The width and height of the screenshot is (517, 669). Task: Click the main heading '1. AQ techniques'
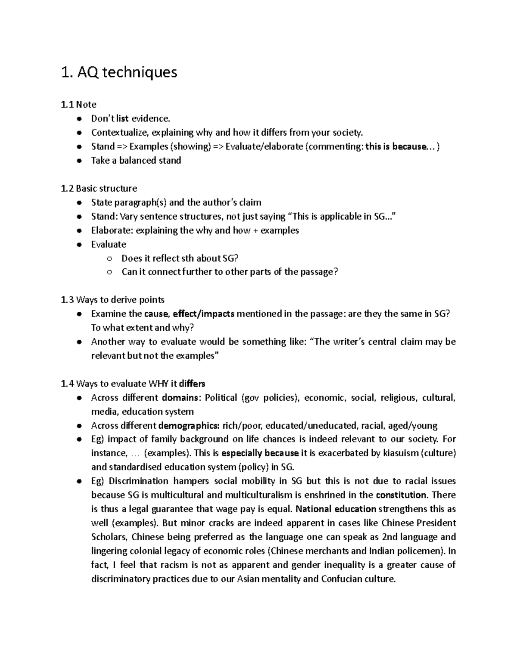click(119, 72)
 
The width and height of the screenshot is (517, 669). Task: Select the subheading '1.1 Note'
click(79, 104)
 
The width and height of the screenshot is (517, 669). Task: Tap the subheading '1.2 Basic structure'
click(99, 188)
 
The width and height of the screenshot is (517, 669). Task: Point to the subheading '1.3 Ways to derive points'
click(113, 299)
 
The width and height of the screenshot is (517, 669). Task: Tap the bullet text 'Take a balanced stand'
click(136, 160)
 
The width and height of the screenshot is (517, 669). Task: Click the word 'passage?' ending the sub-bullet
click(320, 272)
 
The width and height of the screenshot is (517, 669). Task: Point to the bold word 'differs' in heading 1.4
click(192, 383)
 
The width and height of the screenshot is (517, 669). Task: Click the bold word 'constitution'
click(401, 495)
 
